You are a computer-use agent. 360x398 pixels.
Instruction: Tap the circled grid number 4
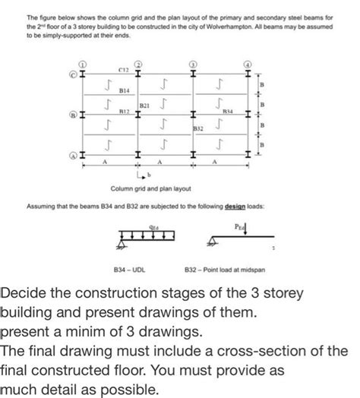click(249, 65)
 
